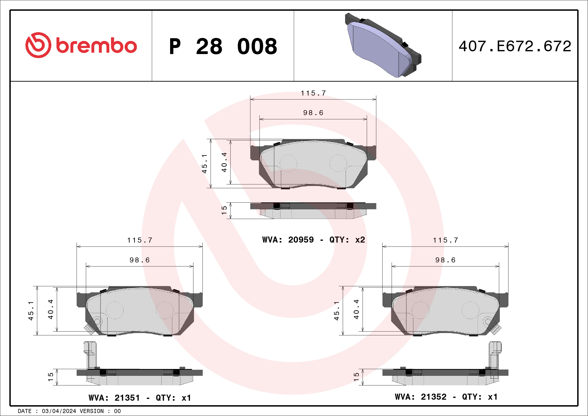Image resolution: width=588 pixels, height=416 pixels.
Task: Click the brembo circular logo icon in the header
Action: pos(38,45)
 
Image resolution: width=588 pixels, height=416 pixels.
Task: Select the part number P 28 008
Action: pos(223,46)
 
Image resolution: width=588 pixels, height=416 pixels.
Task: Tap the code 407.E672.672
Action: pos(515,46)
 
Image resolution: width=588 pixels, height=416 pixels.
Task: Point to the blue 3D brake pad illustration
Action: pos(383,45)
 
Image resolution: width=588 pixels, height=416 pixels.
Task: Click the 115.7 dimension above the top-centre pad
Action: pos(313,93)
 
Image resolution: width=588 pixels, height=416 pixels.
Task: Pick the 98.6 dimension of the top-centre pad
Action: pos(313,113)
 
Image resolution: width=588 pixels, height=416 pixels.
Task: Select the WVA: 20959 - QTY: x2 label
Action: pos(313,240)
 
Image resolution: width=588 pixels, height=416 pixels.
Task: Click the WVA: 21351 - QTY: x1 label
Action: pos(140,398)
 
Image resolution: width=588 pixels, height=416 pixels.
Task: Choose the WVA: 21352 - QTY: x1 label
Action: pos(446,397)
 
